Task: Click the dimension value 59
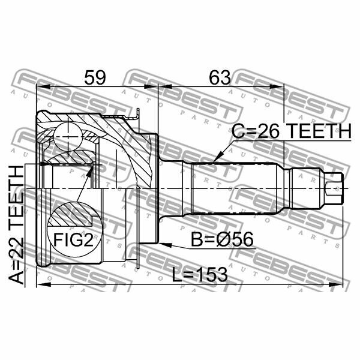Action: click(x=95, y=77)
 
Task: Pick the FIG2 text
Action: click(x=72, y=241)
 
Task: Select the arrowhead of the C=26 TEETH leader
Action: click(x=214, y=160)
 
